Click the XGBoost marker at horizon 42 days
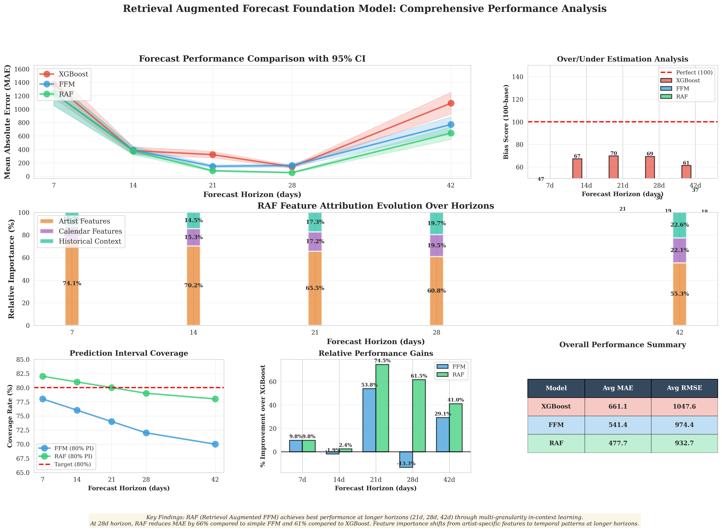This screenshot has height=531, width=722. pos(451,103)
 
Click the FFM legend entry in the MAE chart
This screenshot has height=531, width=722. pos(67,84)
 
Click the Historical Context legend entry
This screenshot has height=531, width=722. pos(90,241)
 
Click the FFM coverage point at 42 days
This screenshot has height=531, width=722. pos(215,444)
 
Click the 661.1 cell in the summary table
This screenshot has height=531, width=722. pos(617,407)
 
